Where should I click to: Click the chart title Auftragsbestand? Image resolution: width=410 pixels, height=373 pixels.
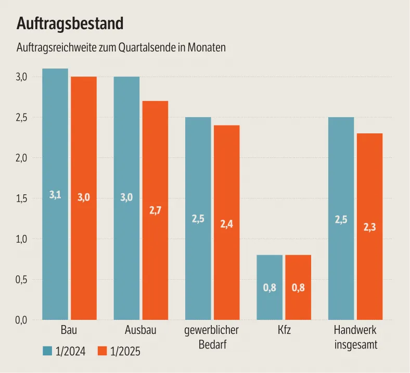(x=70, y=23)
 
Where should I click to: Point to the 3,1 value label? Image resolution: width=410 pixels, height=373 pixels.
(x=55, y=195)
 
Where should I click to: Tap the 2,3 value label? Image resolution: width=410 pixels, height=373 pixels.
(x=369, y=227)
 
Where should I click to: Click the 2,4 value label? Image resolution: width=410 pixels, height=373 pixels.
(x=226, y=224)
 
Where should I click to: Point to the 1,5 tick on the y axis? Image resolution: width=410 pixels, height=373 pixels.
(x=21, y=198)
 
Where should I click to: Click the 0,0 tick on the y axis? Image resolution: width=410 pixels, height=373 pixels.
(x=21, y=320)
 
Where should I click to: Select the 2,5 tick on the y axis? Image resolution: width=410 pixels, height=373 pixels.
(x=21, y=118)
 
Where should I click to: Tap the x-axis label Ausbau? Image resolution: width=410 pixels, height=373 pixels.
(x=140, y=330)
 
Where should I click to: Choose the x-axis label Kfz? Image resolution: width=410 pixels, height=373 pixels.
(x=284, y=330)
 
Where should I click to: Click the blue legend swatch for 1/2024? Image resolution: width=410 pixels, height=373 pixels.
(x=47, y=351)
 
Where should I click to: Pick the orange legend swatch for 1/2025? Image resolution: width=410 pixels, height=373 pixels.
(x=102, y=351)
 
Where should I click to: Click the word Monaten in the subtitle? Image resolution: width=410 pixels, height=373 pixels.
(x=208, y=48)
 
